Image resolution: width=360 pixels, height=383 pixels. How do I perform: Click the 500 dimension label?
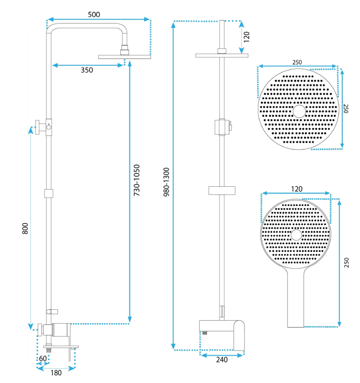(x=94, y=14)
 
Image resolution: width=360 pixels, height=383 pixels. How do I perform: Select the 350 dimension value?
(x=87, y=70)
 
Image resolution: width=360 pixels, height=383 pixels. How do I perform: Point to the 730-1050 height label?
(x=137, y=181)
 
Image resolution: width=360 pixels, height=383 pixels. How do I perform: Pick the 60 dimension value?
(x=43, y=358)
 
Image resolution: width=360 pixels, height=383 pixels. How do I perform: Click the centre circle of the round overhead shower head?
(x=299, y=112)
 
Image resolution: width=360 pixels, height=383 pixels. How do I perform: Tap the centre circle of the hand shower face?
(x=296, y=235)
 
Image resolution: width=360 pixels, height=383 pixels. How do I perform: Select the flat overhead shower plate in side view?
(x=125, y=57)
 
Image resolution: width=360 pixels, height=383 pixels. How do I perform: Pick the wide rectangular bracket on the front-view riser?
(x=222, y=191)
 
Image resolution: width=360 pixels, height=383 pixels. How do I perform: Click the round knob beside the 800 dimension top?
(x=40, y=127)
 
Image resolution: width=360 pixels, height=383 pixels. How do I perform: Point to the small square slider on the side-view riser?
(x=48, y=193)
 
